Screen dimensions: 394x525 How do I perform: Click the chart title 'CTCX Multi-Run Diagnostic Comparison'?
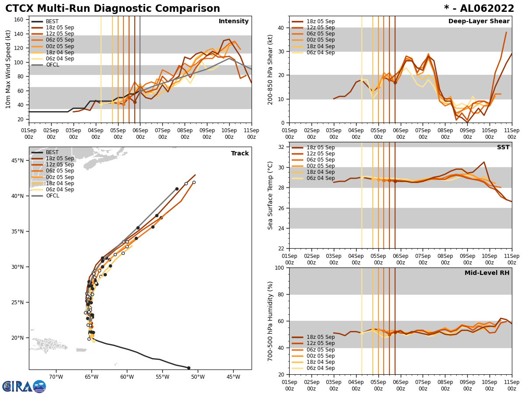click(112, 9)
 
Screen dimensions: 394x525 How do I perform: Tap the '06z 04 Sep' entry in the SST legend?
click(319, 178)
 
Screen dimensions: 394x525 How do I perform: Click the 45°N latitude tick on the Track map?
click(17, 160)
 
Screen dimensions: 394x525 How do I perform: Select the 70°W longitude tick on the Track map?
click(56, 376)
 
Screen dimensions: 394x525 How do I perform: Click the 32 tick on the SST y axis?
click(282, 147)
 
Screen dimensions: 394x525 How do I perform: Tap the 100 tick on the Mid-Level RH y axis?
click(280, 267)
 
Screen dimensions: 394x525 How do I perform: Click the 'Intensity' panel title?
click(234, 21)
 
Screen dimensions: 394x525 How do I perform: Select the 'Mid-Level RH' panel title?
click(487, 273)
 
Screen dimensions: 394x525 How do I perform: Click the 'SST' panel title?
click(503, 148)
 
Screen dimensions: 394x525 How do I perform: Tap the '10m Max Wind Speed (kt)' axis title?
click(7, 69)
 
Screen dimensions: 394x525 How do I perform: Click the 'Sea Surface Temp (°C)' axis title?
click(270, 195)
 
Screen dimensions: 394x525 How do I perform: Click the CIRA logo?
click(24, 386)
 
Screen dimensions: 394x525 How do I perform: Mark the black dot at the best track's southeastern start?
click(189, 368)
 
